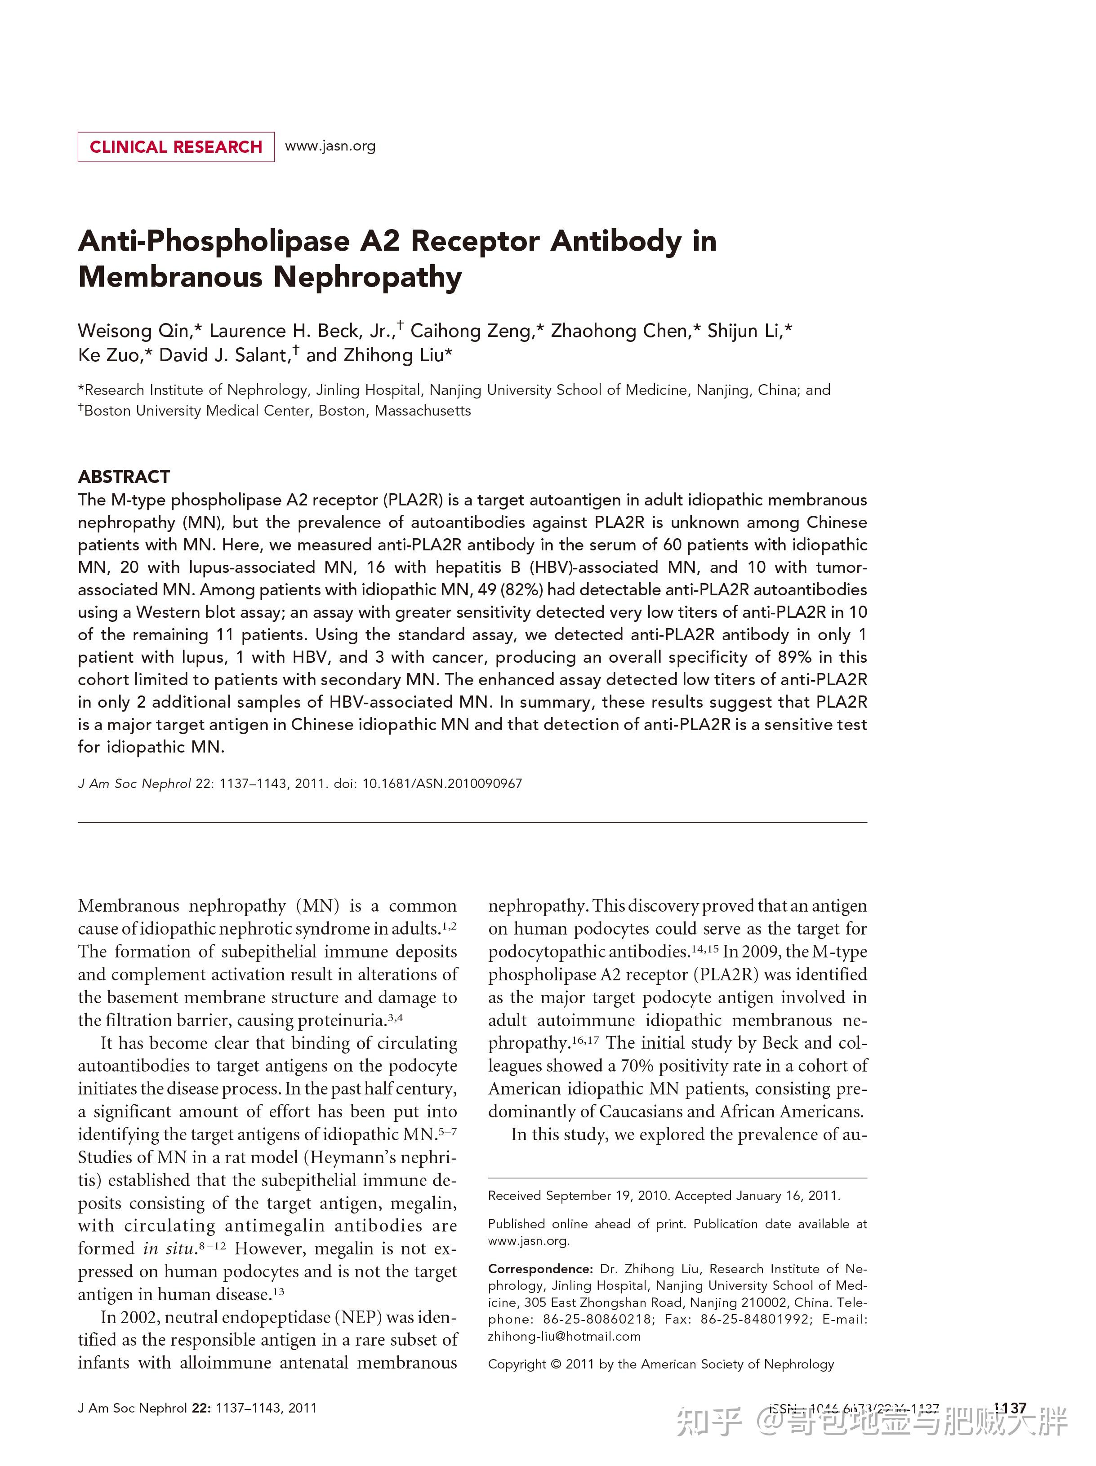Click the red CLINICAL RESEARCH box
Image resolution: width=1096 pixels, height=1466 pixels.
176,146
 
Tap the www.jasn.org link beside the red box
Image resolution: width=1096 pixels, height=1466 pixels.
330,146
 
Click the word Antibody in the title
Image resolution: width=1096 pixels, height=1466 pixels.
615,241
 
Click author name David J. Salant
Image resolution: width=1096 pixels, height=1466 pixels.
223,355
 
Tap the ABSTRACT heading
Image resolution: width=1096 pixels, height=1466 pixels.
124,477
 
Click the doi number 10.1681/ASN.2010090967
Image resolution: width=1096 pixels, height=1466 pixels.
441,784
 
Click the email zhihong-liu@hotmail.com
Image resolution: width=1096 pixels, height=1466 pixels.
564,1336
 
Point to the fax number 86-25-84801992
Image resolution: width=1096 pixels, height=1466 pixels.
756,1319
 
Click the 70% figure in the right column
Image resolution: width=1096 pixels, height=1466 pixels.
637,1066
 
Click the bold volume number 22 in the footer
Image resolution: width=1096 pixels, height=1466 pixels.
200,1408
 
